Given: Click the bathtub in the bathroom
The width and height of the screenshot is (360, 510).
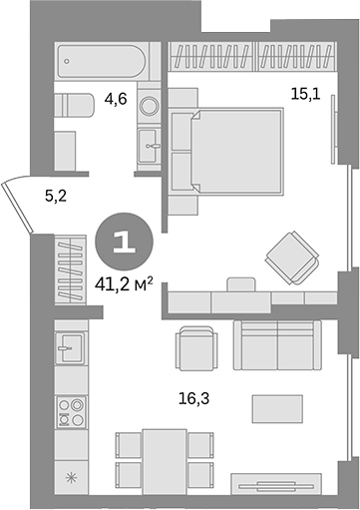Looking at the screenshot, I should (x=101, y=62).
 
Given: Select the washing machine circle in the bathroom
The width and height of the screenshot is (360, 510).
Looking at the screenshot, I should (x=149, y=104).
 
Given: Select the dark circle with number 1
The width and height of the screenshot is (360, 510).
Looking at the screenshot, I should (x=125, y=241).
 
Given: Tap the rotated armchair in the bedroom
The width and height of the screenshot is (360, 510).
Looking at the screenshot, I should (x=292, y=257).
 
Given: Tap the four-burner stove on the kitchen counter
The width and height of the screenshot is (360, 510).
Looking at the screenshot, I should (x=71, y=410).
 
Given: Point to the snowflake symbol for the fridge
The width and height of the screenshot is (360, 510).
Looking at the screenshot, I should (x=71, y=478).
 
